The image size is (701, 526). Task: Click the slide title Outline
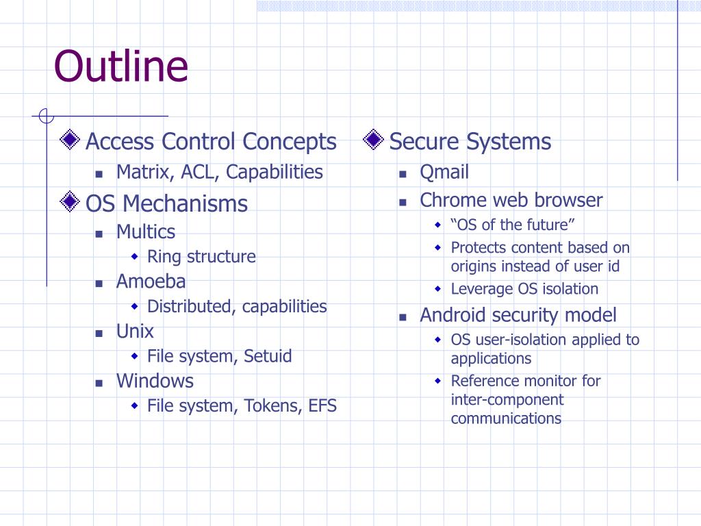tap(121, 66)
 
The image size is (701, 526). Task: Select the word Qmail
tap(444, 172)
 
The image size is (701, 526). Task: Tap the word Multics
tap(145, 231)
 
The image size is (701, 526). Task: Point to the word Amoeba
tap(151, 281)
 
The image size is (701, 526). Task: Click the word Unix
tap(135, 331)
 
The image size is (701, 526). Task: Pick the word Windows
tap(155, 381)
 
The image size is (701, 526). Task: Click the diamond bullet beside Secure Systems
tap(373, 140)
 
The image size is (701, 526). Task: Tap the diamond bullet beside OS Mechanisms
tap(69, 202)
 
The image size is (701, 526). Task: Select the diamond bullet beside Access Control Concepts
tap(69, 140)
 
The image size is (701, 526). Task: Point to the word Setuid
tap(268, 356)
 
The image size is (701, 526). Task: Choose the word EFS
tap(322, 406)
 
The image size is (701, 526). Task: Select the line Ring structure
tap(201, 257)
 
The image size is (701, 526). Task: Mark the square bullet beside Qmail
tap(403, 174)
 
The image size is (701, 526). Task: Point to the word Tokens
tap(273, 406)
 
